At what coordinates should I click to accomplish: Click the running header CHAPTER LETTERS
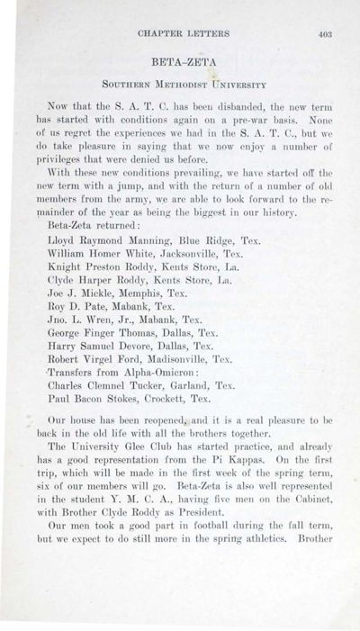[181, 36]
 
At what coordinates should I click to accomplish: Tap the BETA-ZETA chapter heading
[180, 66]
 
